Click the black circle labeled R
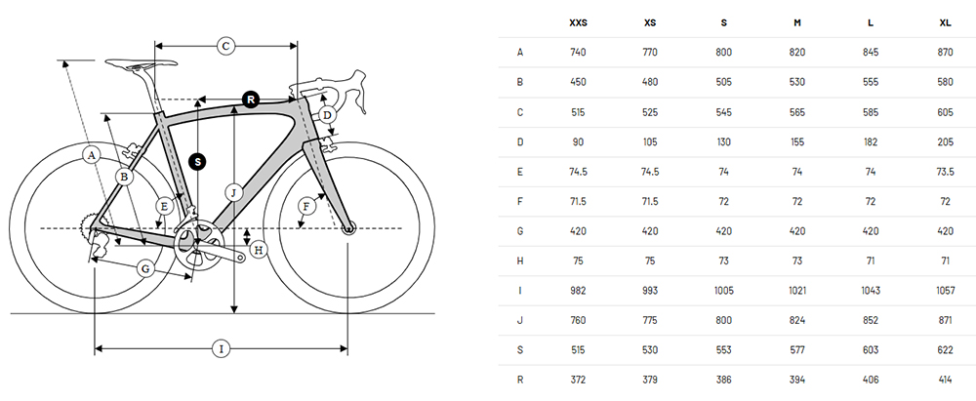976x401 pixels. (250, 100)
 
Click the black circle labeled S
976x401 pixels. (198, 162)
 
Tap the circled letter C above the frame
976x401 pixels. (226, 46)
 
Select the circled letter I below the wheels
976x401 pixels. (221, 349)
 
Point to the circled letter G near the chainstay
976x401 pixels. (145, 269)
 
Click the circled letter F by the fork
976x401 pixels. (305, 206)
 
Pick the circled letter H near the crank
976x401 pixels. (259, 251)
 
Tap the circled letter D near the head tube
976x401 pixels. (327, 115)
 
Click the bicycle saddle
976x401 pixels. (142, 62)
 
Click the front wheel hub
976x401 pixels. (348, 229)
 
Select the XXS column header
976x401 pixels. (578, 23)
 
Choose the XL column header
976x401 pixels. (945, 23)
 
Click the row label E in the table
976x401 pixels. (520, 172)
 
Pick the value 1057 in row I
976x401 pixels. (945, 291)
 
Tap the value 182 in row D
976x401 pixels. (871, 142)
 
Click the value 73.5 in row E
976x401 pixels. (945, 172)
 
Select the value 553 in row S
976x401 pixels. (724, 350)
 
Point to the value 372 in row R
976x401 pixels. (578, 380)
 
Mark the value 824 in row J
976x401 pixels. (797, 321)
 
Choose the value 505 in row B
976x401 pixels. (724, 82)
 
